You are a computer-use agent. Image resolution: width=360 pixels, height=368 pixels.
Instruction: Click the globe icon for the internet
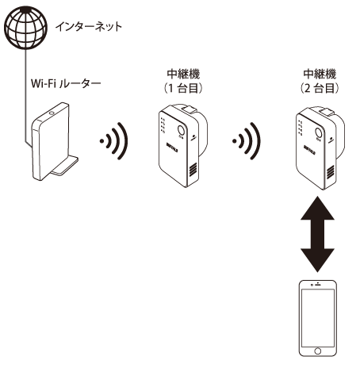pyautogui.click(x=25, y=28)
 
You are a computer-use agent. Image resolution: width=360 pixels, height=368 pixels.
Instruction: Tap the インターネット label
pyautogui.click(x=89, y=27)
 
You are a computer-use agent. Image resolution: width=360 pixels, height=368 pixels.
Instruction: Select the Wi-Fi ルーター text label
pyautogui.click(x=66, y=83)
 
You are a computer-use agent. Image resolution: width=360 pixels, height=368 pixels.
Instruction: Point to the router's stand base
pyautogui.click(x=65, y=166)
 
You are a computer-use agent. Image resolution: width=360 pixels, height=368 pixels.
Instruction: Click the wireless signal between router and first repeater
pyautogui.click(x=114, y=141)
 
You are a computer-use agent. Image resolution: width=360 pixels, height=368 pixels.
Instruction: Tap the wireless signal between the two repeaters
pyautogui.click(x=247, y=141)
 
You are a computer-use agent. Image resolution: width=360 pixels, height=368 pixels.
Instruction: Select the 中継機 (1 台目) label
pyautogui.click(x=183, y=81)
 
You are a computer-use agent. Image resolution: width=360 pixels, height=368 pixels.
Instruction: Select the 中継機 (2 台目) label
pyautogui.click(x=320, y=81)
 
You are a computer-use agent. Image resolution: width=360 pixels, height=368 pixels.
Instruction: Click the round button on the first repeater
pyautogui.click(x=182, y=130)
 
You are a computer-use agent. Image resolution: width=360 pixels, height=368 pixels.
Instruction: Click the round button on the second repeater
pyautogui.click(x=318, y=132)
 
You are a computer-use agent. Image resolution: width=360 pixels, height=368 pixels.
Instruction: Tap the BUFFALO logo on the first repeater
pyautogui.click(x=172, y=148)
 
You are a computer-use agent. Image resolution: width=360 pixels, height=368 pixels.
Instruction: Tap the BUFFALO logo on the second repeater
pyautogui.click(x=309, y=150)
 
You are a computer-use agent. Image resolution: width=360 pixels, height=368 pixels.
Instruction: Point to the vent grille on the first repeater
pyautogui.click(x=193, y=169)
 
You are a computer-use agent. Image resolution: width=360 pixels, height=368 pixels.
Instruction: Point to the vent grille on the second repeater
pyautogui.click(x=330, y=172)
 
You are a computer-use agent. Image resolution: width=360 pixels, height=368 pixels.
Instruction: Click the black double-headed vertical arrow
pyautogui.click(x=317, y=234)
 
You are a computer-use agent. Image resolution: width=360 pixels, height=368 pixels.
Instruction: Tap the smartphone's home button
pyautogui.click(x=318, y=351)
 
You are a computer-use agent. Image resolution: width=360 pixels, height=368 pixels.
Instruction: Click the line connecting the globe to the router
pyautogui.click(x=25, y=97)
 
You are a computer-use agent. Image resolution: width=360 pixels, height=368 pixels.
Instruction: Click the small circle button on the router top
pyautogui.click(x=52, y=113)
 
